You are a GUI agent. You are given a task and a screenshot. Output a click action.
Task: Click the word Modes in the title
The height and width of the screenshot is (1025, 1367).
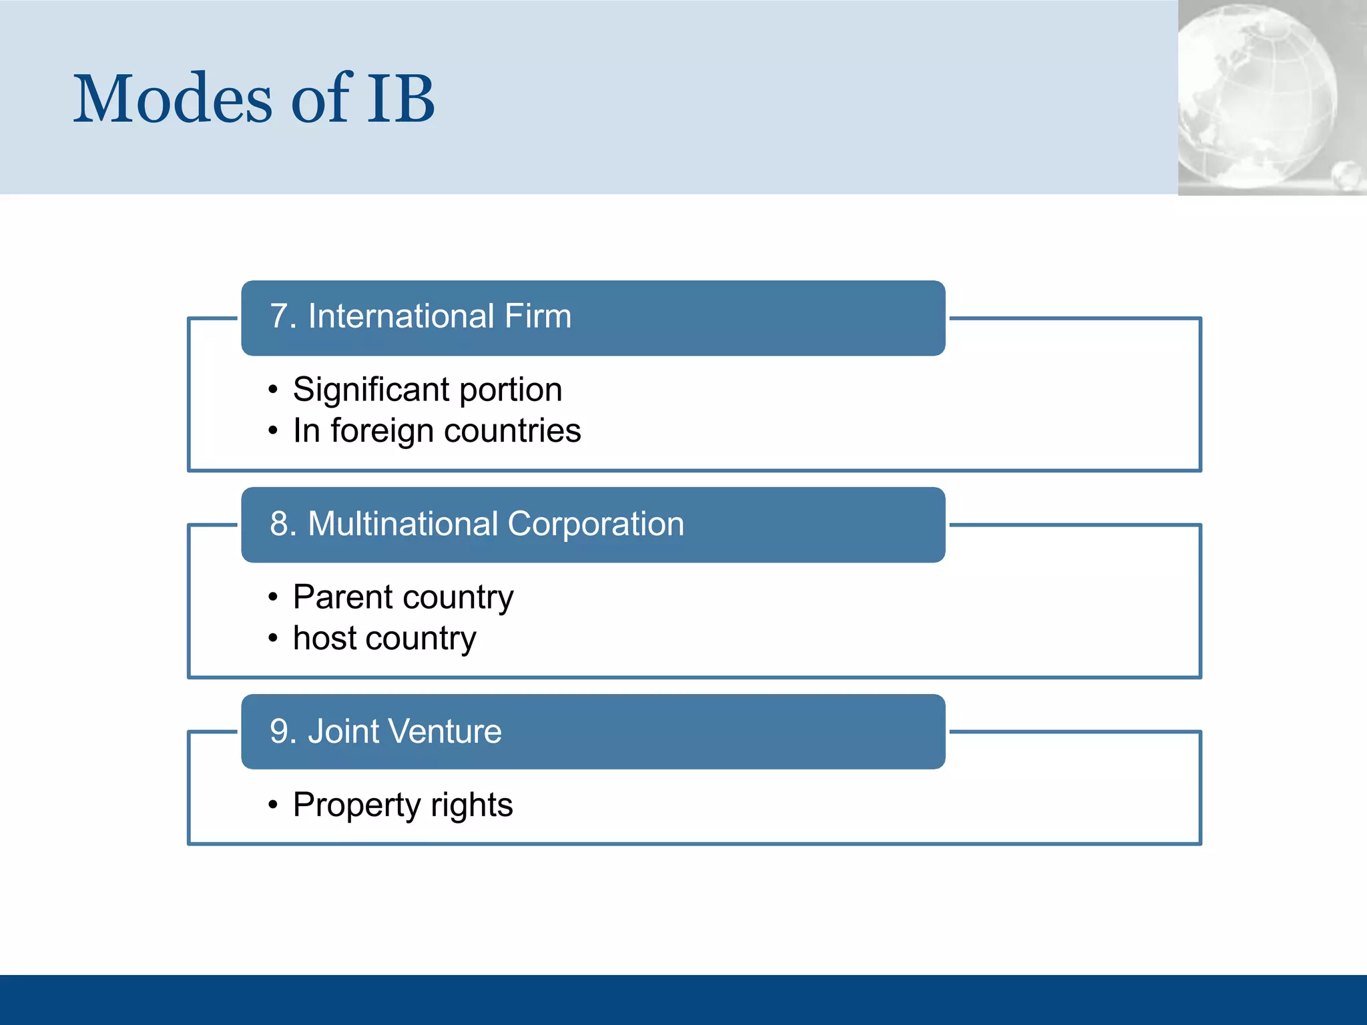tap(172, 100)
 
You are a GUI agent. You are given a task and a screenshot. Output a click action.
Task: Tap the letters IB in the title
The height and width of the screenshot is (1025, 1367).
tap(400, 100)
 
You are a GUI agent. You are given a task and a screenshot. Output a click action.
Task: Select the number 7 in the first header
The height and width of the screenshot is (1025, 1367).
tap(279, 316)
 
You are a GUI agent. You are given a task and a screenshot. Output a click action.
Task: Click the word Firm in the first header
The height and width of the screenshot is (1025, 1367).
tap(538, 316)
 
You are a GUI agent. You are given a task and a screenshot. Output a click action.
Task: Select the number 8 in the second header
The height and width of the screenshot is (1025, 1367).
tap(279, 524)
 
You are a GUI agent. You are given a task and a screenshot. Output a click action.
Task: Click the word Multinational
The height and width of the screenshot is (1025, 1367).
tap(402, 524)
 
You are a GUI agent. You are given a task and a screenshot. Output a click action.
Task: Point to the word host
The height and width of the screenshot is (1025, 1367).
tap(325, 639)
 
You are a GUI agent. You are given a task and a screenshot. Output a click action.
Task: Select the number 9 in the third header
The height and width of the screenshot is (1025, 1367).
tap(279, 731)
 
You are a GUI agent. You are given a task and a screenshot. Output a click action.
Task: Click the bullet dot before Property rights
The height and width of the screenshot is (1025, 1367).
tap(273, 805)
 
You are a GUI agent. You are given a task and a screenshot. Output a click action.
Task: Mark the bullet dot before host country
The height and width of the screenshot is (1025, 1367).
tap(273, 639)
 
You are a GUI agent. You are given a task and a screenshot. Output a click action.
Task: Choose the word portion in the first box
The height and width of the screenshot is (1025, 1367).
tap(511, 391)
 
